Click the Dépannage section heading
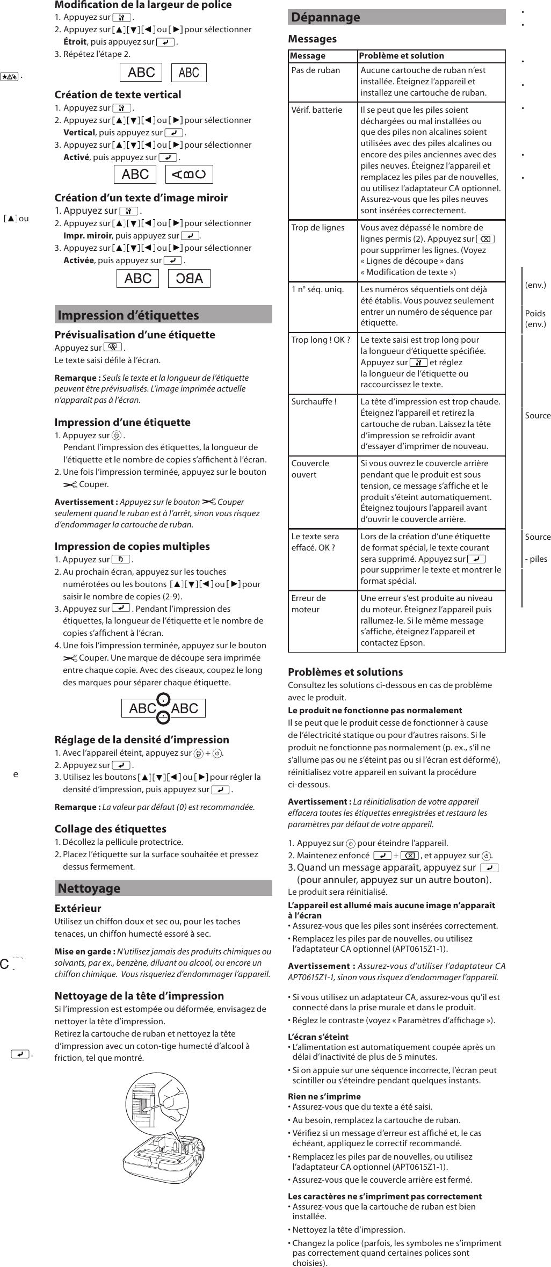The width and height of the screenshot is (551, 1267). click(326, 17)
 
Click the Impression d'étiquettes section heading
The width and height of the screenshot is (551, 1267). click(128, 315)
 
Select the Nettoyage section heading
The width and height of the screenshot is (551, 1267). click(89, 888)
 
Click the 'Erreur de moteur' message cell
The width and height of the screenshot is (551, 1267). click(309, 604)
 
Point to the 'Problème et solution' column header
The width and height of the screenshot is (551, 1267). click(401, 56)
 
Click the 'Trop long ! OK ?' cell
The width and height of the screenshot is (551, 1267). click(321, 340)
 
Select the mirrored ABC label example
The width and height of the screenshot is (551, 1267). click(189, 278)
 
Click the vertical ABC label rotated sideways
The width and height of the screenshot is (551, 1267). click(189, 174)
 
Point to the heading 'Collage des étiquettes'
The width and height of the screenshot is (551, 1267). click(110, 829)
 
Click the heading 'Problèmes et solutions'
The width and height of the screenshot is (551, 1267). click(345, 672)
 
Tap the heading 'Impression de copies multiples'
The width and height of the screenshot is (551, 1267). click(132, 546)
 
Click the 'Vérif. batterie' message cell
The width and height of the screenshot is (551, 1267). click(316, 110)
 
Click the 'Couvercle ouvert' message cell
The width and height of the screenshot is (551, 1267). click(310, 469)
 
